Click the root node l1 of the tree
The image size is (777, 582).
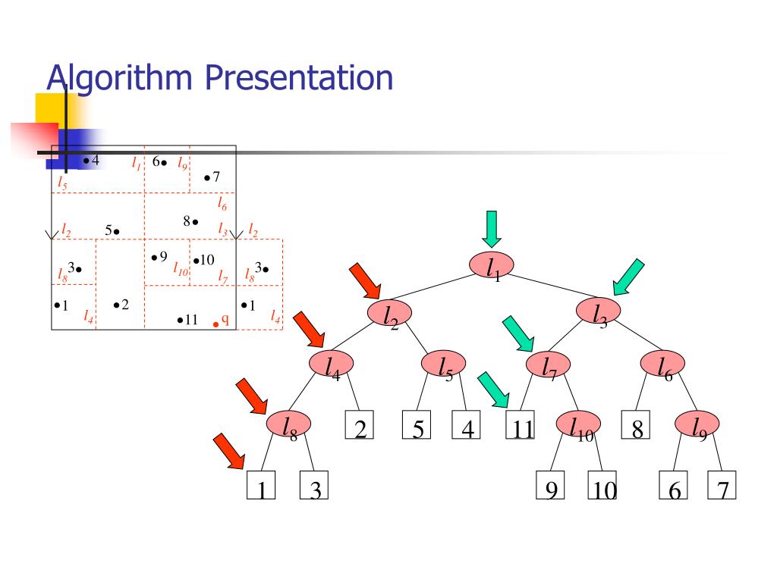click(x=492, y=265)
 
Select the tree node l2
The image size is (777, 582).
click(x=389, y=312)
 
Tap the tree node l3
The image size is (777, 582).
click(x=598, y=310)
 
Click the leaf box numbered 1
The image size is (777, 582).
click(x=260, y=486)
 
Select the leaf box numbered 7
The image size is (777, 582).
click(x=722, y=486)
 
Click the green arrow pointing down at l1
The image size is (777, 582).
click(x=492, y=228)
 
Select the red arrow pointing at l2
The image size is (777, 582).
click(x=365, y=280)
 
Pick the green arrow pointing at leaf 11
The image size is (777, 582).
click(x=493, y=390)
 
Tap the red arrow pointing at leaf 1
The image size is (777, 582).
click(x=229, y=451)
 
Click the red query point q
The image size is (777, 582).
click(x=215, y=324)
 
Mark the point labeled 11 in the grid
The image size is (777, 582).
click(x=180, y=321)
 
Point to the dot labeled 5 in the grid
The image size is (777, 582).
click(x=117, y=230)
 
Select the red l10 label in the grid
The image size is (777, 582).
click(x=181, y=268)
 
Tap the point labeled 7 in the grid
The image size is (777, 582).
click(x=207, y=178)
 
